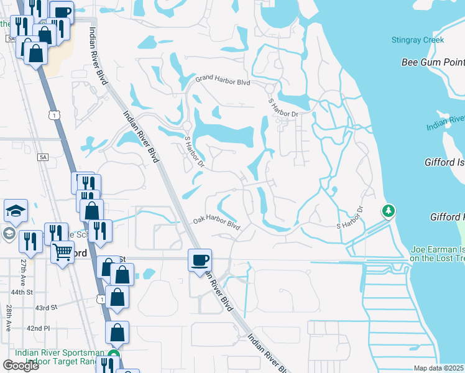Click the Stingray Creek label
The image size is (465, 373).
(418, 40)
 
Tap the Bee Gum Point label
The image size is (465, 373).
(433, 62)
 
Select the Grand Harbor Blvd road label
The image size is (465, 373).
(223, 81)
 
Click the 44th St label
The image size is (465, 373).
(38, 292)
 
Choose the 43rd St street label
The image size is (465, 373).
(46, 307)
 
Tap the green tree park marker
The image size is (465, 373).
(389, 211)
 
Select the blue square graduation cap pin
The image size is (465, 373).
(16, 211)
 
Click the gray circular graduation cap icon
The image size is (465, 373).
(9, 233)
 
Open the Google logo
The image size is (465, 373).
(21, 365)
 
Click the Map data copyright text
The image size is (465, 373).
(439, 368)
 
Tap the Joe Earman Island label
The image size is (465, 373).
(437, 254)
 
